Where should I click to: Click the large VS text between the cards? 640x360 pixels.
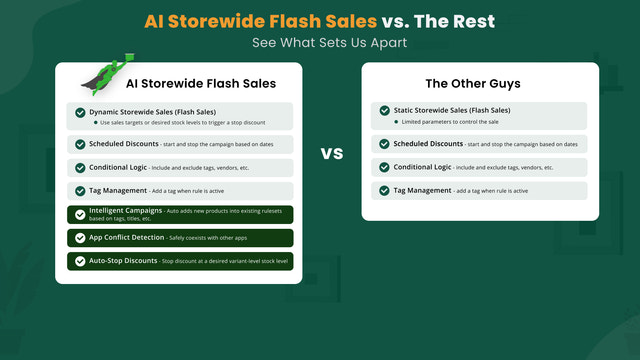331,154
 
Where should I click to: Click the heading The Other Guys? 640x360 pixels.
479,84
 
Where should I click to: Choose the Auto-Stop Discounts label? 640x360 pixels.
123,260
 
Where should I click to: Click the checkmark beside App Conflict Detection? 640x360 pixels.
79,238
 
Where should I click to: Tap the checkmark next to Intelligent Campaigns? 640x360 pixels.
79,214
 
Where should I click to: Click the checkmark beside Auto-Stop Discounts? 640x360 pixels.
79,261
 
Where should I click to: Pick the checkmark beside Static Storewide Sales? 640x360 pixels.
384,113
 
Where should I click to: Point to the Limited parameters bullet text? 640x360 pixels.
451,122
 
